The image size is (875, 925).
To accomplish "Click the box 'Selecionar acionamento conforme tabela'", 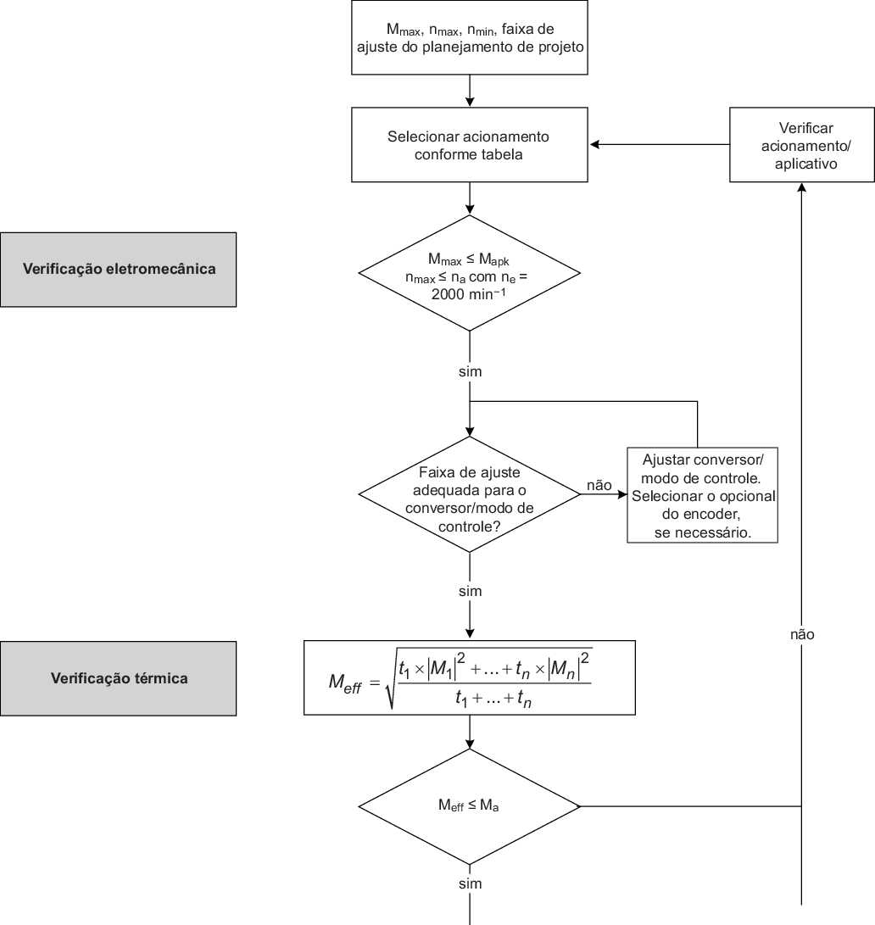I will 469,145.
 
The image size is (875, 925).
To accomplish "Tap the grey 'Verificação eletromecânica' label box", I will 119,270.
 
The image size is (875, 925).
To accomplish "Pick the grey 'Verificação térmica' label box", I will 119,678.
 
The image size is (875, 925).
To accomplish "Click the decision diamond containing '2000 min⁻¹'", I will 469,273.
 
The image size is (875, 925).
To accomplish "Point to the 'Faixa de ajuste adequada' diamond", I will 469,493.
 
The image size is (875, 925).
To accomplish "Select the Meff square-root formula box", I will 469,678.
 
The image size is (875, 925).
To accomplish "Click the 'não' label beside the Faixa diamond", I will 599,485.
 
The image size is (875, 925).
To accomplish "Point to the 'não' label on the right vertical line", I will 801,633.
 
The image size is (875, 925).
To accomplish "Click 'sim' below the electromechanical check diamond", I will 470,371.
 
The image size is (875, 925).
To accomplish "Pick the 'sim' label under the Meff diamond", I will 470,883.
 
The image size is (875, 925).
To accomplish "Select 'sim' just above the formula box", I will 470,591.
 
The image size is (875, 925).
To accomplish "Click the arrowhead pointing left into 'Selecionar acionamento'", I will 595,145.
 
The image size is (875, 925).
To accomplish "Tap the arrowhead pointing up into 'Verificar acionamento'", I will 801,188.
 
